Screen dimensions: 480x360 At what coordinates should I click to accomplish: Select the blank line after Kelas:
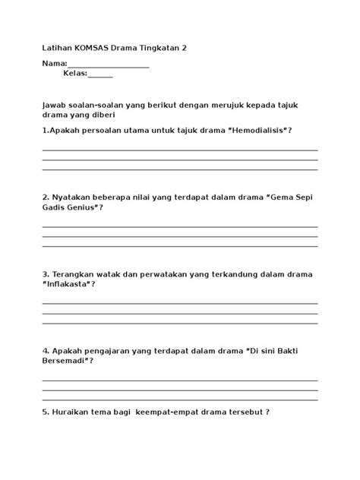pos(100,74)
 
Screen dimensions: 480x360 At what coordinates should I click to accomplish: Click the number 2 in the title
pos(184,48)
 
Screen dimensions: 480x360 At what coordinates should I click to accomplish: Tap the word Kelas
pos(74,74)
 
